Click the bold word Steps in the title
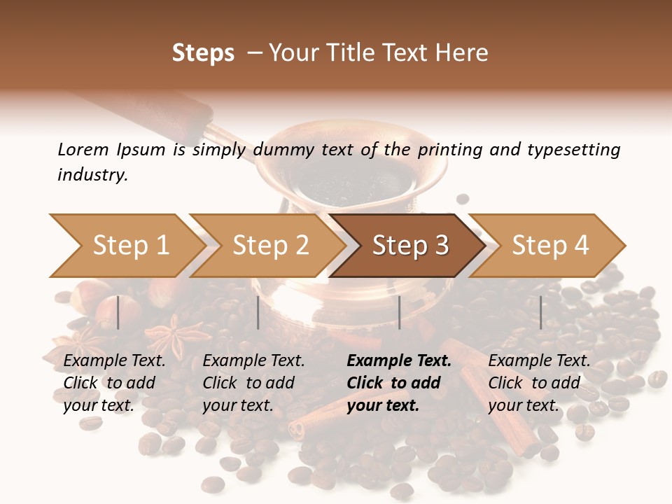(203, 52)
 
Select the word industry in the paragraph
(92, 174)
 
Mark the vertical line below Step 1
(118, 312)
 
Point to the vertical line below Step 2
(258, 312)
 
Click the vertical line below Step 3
(399, 312)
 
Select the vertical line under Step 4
(540, 312)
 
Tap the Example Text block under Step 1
(114, 383)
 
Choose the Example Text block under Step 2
(253, 383)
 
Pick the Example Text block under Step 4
(539, 383)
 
